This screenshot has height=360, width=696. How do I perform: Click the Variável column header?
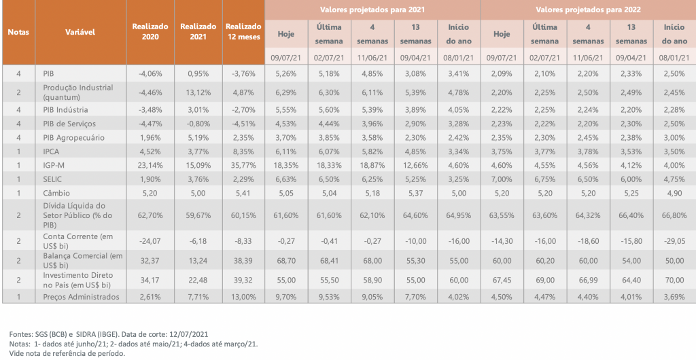(x=80, y=32)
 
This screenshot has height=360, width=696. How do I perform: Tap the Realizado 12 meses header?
(x=241, y=32)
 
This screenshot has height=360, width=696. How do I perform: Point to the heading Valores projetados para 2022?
(x=587, y=10)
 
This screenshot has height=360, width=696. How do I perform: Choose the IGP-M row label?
(x=54, y=164)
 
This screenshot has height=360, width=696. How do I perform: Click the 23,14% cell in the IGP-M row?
(x=150, y=164)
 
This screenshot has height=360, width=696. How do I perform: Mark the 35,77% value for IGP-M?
(x=241, y=164)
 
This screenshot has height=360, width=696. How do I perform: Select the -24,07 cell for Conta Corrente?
(x=150, y=239)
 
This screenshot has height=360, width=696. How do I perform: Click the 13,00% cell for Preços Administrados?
(x=241, y=296)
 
